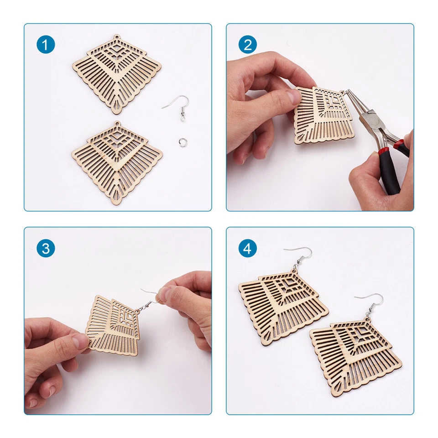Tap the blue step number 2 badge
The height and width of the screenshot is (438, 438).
point(248,45)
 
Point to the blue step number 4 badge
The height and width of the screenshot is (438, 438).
point(248,249)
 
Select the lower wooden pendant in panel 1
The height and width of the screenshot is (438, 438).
point(117,162)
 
